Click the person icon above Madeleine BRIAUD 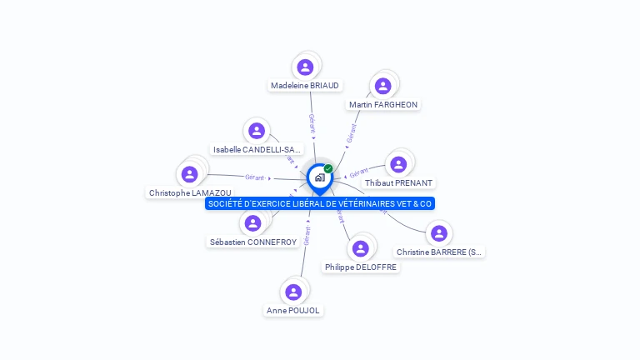point(305,67)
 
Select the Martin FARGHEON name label point(384,104)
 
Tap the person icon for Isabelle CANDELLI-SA point(257,131)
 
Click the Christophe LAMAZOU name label point(190,192)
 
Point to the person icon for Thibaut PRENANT point(398,164)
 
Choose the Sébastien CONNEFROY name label point(252,242)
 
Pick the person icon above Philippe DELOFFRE point(360,249)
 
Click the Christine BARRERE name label point(439,252)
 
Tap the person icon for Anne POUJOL point(293,292)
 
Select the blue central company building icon point(319,177)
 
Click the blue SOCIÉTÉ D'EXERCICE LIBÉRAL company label point(320,203)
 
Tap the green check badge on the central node point(328,169)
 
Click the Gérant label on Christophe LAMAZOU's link point(255,177)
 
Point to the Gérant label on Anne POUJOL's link point(307,234)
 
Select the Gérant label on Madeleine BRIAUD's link point(312,124)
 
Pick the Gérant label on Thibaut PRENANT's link point(358,173)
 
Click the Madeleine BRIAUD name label point(305,85)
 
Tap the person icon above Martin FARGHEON point(382,86)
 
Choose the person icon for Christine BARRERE point(439,233)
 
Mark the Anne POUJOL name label point(293,310)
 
